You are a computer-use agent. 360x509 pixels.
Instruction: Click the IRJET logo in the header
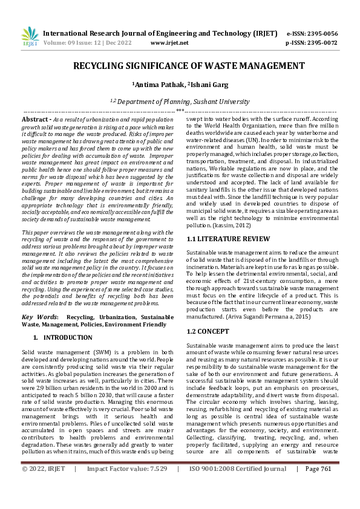[29, 37]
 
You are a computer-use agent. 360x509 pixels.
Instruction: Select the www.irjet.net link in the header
[169, 43]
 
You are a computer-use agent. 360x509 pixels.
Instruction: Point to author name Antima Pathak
[159, 85]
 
